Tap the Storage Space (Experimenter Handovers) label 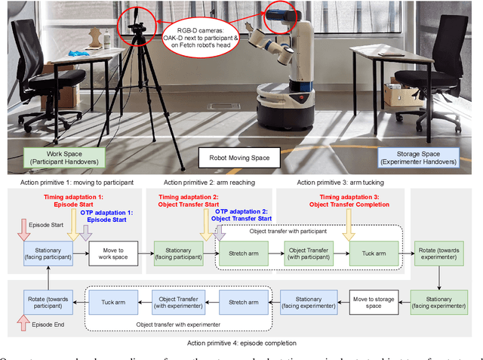pos(417,157)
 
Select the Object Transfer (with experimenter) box pos(173,300)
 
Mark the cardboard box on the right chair pos(400,94)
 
